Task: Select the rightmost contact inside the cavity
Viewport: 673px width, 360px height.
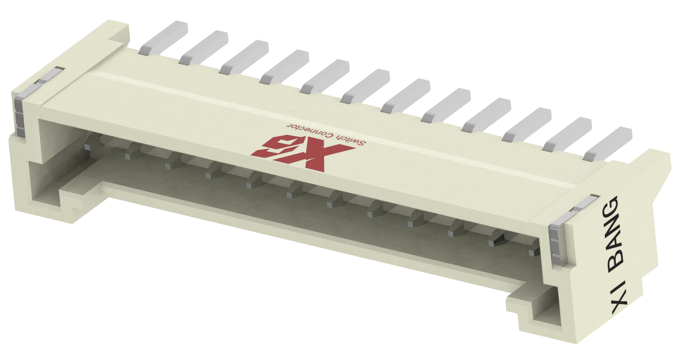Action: [532, 252]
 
